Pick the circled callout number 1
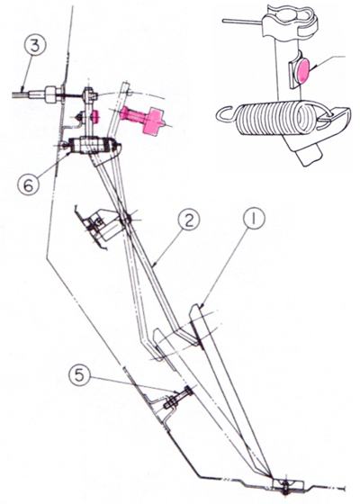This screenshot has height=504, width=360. point(254,218)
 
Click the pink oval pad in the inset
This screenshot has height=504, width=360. point(303,70)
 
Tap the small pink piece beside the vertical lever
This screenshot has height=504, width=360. point(95,116)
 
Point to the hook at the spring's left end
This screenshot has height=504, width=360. point(226,115)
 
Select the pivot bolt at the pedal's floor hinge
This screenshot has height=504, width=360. point(285,487)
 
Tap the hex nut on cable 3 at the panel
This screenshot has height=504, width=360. point(52,94)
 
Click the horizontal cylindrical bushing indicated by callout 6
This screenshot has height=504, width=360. point(92,146)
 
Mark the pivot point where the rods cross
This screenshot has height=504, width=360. point(126,220)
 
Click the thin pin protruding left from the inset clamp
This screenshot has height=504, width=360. point(243,22)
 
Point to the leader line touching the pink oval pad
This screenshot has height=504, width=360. point(328,61)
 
